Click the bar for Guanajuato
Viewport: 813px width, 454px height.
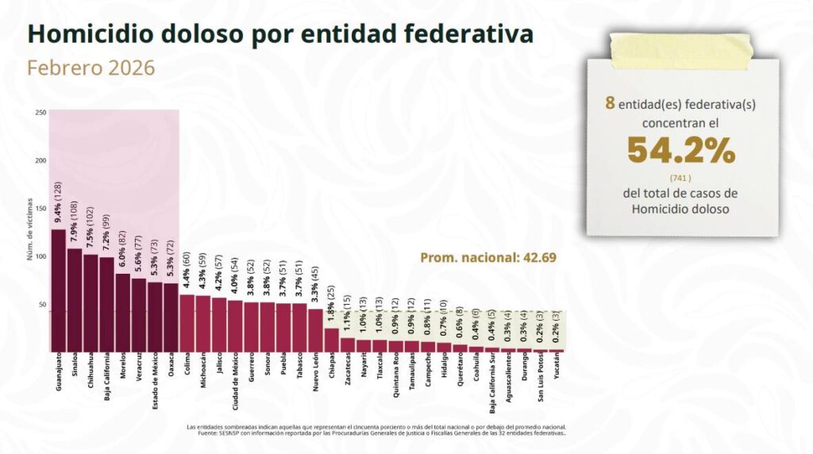[x=58, y=290]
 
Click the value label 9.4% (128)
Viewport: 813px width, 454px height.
[x=58, y=203]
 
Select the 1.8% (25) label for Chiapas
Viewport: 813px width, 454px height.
[x=331, y=304]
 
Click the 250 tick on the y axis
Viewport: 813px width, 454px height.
[x=40, y=113]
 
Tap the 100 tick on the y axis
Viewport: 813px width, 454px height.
[x=40, y=256]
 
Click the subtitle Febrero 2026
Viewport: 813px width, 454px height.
[x=91, y=68]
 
